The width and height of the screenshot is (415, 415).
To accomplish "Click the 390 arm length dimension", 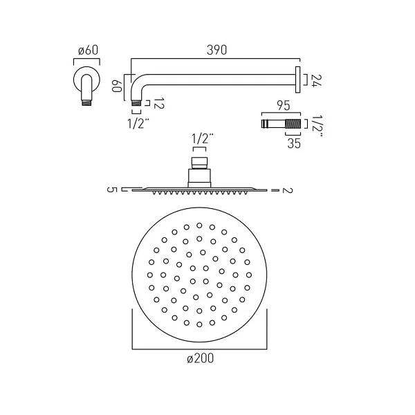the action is click(216, 50).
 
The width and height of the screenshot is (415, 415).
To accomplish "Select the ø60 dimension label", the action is click(88, 50).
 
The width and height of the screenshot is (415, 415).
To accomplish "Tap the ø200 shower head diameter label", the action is click(200, 358).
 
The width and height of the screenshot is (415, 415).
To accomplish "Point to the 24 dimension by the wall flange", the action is click(316, 80).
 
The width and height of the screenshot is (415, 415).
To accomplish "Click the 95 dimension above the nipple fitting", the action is click(284, 106).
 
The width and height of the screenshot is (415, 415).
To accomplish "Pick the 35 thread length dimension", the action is click(294, 143).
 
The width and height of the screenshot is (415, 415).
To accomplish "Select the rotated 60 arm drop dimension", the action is click(117, 86).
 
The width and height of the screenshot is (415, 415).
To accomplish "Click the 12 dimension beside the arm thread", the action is click(159, 103).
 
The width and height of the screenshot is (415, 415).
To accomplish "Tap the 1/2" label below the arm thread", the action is click(138, 123).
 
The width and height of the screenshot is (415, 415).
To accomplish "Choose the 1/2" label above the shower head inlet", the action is click(203, 138).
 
